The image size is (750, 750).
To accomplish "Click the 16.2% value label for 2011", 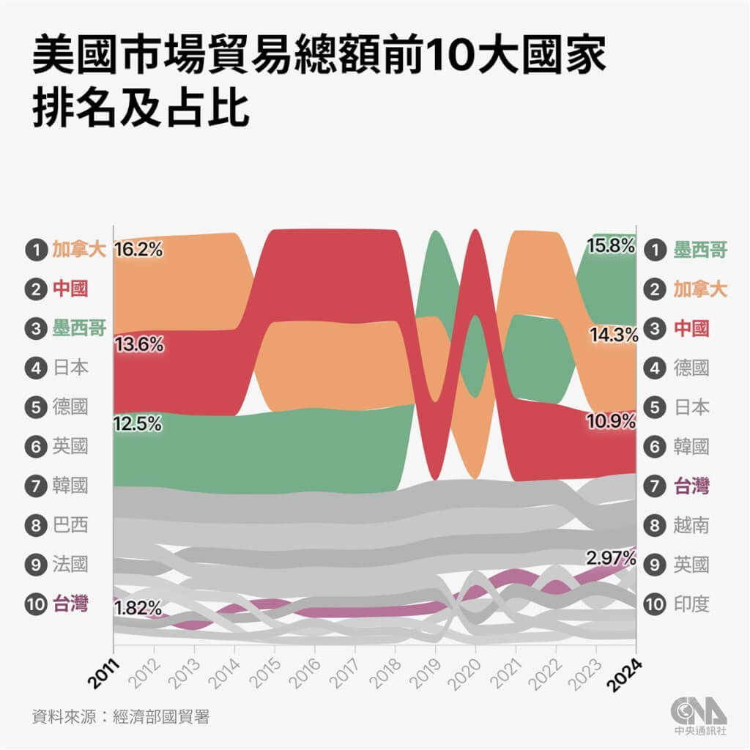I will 138,250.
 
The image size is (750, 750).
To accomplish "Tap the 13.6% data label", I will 138,344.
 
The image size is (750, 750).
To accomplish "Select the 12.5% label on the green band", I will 138,424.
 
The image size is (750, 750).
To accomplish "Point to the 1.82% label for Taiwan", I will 138,607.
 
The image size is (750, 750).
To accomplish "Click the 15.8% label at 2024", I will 611,247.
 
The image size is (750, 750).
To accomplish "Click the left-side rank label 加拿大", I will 79,250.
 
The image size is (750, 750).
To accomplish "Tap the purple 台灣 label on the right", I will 691,485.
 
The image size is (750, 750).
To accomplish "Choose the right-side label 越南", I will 691,525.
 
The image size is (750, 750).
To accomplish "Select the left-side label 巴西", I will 70,525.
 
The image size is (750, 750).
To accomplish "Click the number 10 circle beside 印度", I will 655,604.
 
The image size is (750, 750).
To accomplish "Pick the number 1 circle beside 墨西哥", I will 655,250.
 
